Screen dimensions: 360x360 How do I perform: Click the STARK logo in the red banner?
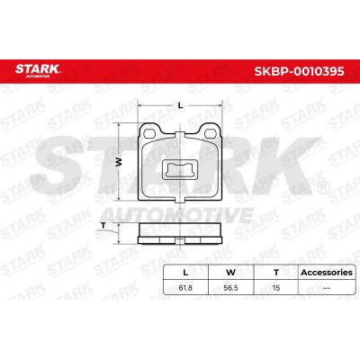click(x=38, y=70)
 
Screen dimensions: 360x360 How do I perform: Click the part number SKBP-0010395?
click(x=299, y=71)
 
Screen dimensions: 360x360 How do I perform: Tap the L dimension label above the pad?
click(x=180, y=105)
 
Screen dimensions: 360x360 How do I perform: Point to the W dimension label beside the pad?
click(x=120, y=162)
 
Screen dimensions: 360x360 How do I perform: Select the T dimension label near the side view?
click(x=103, y=226)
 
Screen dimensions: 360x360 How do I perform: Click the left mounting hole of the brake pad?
click(x=148, y=132)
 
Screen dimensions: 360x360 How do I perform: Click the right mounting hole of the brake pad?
click(x=211, y=132)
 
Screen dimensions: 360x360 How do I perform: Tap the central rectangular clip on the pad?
click(x=179, y=169)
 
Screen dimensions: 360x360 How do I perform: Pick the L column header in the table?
click(x=185, y=273)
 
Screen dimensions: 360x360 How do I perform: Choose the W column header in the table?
click(x=230, y=273)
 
